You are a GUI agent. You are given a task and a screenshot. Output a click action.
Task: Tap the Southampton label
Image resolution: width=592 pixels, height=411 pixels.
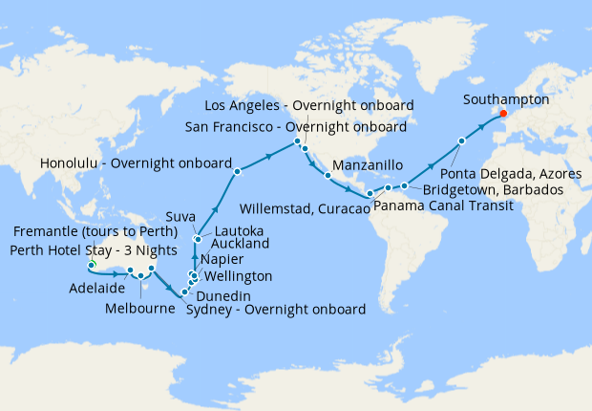tap(505, 98)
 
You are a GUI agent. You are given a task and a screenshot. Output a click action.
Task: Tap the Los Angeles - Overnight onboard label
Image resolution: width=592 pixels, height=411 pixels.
tap(310, 105)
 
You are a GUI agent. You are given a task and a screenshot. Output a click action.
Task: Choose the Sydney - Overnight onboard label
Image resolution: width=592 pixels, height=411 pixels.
tap(275, 310)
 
